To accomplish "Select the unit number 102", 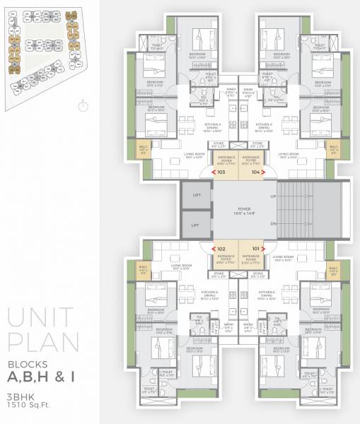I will pos(221,248).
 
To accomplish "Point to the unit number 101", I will pos(255,248).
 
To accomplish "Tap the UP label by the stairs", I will pos(272,196).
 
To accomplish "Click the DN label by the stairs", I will pos(272,224).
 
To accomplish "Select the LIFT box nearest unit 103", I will pos(195,196).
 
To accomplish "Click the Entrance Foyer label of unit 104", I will pos(251,158).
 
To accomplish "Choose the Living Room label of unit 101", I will pos(282,258).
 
